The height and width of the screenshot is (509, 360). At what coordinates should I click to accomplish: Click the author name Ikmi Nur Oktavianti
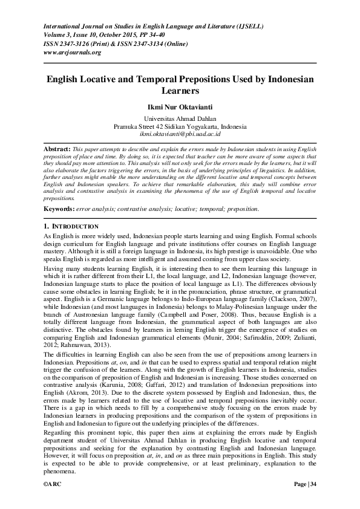coord(180,106)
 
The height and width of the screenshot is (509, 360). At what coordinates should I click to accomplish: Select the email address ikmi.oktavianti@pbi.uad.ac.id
coord(180,134)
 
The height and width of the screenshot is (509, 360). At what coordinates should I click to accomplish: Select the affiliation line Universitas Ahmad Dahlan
coord(180,119)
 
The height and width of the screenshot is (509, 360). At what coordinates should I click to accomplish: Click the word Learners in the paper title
coord(180,91)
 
